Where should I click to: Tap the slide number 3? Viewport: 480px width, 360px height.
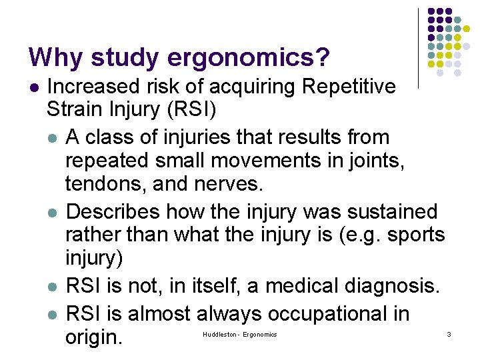449,333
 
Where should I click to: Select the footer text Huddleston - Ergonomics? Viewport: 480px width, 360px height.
239,333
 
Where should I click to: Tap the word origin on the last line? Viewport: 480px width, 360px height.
93,337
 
